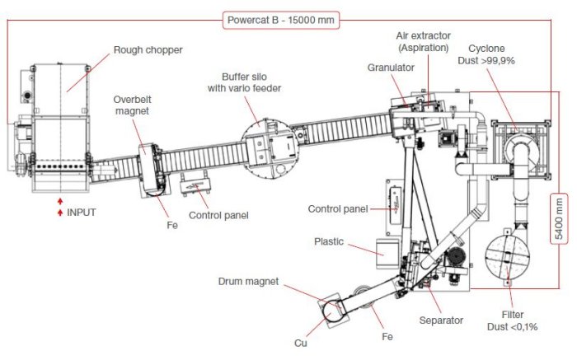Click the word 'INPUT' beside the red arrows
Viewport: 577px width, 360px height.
click(82, 212)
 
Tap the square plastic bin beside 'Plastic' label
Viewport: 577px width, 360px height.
click(382, 253)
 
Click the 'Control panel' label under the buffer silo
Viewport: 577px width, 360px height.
click(218, 217)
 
